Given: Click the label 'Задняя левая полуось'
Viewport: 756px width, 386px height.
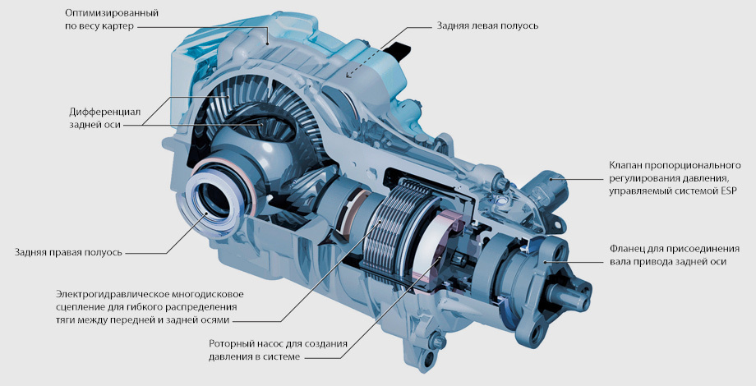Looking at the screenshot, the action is pos(487,26).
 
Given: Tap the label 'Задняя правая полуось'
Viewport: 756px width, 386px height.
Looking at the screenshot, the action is pos(68,252).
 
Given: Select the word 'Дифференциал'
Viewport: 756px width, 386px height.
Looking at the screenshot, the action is pos(104,113).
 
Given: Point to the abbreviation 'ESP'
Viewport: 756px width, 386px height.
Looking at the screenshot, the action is pos(727,191).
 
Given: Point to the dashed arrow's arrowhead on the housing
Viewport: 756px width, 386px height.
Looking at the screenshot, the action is pos(348,76).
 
